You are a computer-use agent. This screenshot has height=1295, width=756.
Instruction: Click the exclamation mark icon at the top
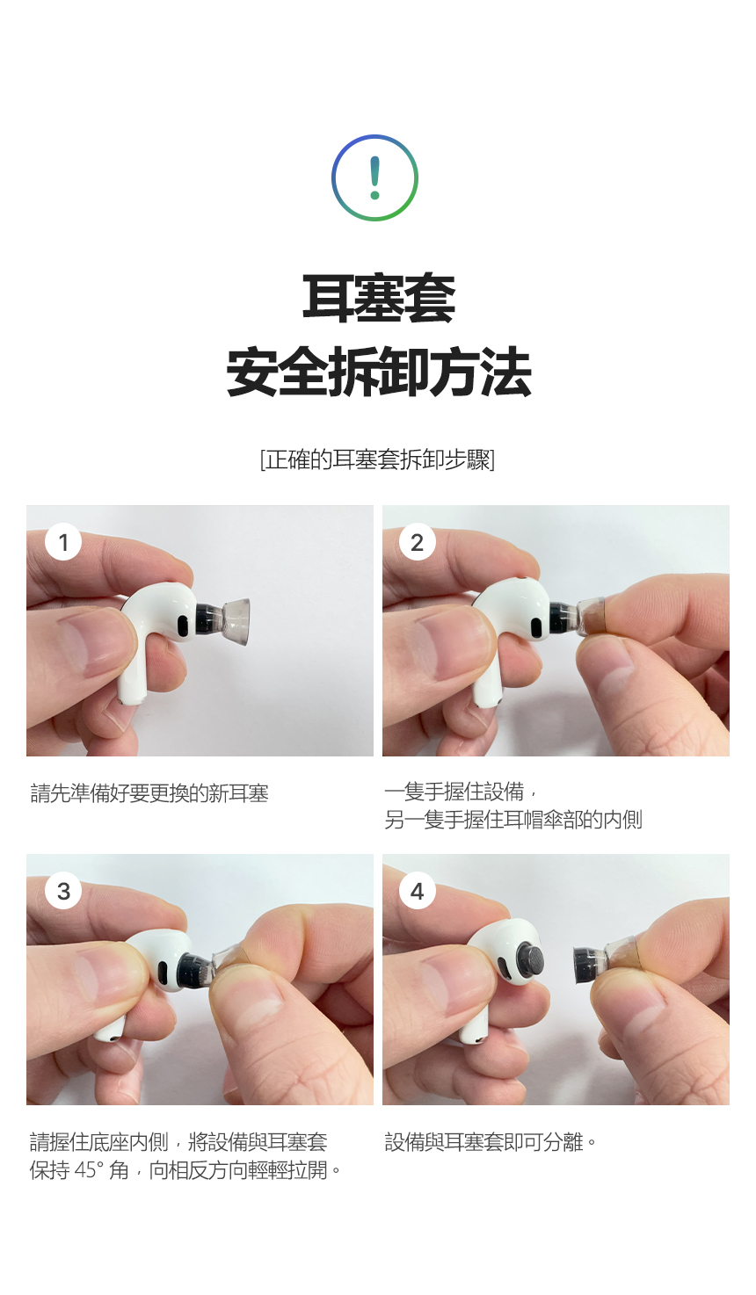coord(374,177)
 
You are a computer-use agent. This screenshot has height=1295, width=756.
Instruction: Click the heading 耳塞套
coord(378,298)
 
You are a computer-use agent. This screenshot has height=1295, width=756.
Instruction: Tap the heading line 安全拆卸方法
coord(378,373)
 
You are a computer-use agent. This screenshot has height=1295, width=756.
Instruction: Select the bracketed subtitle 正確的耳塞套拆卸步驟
coord(378,459)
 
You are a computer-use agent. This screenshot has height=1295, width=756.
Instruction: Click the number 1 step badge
coord(63,542)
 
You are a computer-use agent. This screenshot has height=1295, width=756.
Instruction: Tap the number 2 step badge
coord(418,542)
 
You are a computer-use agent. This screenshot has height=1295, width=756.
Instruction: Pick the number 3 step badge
coord(63,891)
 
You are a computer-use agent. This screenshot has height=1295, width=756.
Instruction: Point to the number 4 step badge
coord(418,891)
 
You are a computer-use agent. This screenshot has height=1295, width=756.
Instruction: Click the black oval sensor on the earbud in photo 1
coord(182,626)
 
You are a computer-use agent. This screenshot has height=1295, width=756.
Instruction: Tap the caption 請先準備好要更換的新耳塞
coord(149,793)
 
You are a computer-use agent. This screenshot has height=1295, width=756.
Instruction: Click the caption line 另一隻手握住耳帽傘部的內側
coord(512,820)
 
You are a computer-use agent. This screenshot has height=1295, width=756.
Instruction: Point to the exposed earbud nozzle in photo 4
coord(530,961)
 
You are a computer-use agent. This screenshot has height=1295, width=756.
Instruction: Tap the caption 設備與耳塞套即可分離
coord(491,1142)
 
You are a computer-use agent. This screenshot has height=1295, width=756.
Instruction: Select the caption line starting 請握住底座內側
coord(178,1142)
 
